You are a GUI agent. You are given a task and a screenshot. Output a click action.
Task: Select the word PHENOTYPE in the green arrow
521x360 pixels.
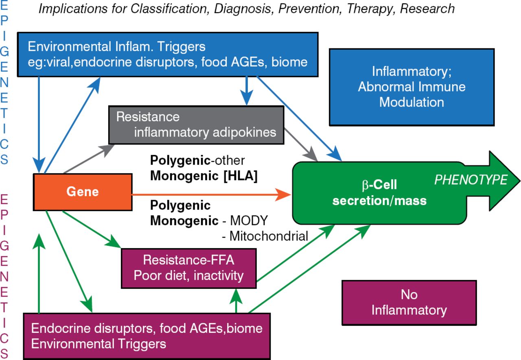471,180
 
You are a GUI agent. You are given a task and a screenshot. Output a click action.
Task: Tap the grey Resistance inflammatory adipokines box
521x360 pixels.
196,124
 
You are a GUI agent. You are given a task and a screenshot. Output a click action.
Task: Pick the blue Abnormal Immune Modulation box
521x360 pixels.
412,87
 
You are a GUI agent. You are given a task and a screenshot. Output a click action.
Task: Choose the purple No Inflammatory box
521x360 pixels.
409,303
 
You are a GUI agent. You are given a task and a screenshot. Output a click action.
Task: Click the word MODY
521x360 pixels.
249,221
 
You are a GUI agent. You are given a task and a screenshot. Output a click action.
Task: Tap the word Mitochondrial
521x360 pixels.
269,236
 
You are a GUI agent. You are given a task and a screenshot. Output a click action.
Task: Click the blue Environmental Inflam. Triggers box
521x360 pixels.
167,54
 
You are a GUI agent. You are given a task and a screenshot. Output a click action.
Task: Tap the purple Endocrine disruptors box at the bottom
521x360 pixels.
147,336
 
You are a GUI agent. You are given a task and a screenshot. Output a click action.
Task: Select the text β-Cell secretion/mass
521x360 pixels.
379,193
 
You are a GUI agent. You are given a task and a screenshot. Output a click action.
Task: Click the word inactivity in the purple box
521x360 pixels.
219,275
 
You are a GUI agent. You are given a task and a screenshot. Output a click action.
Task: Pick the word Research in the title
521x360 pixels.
427,9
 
